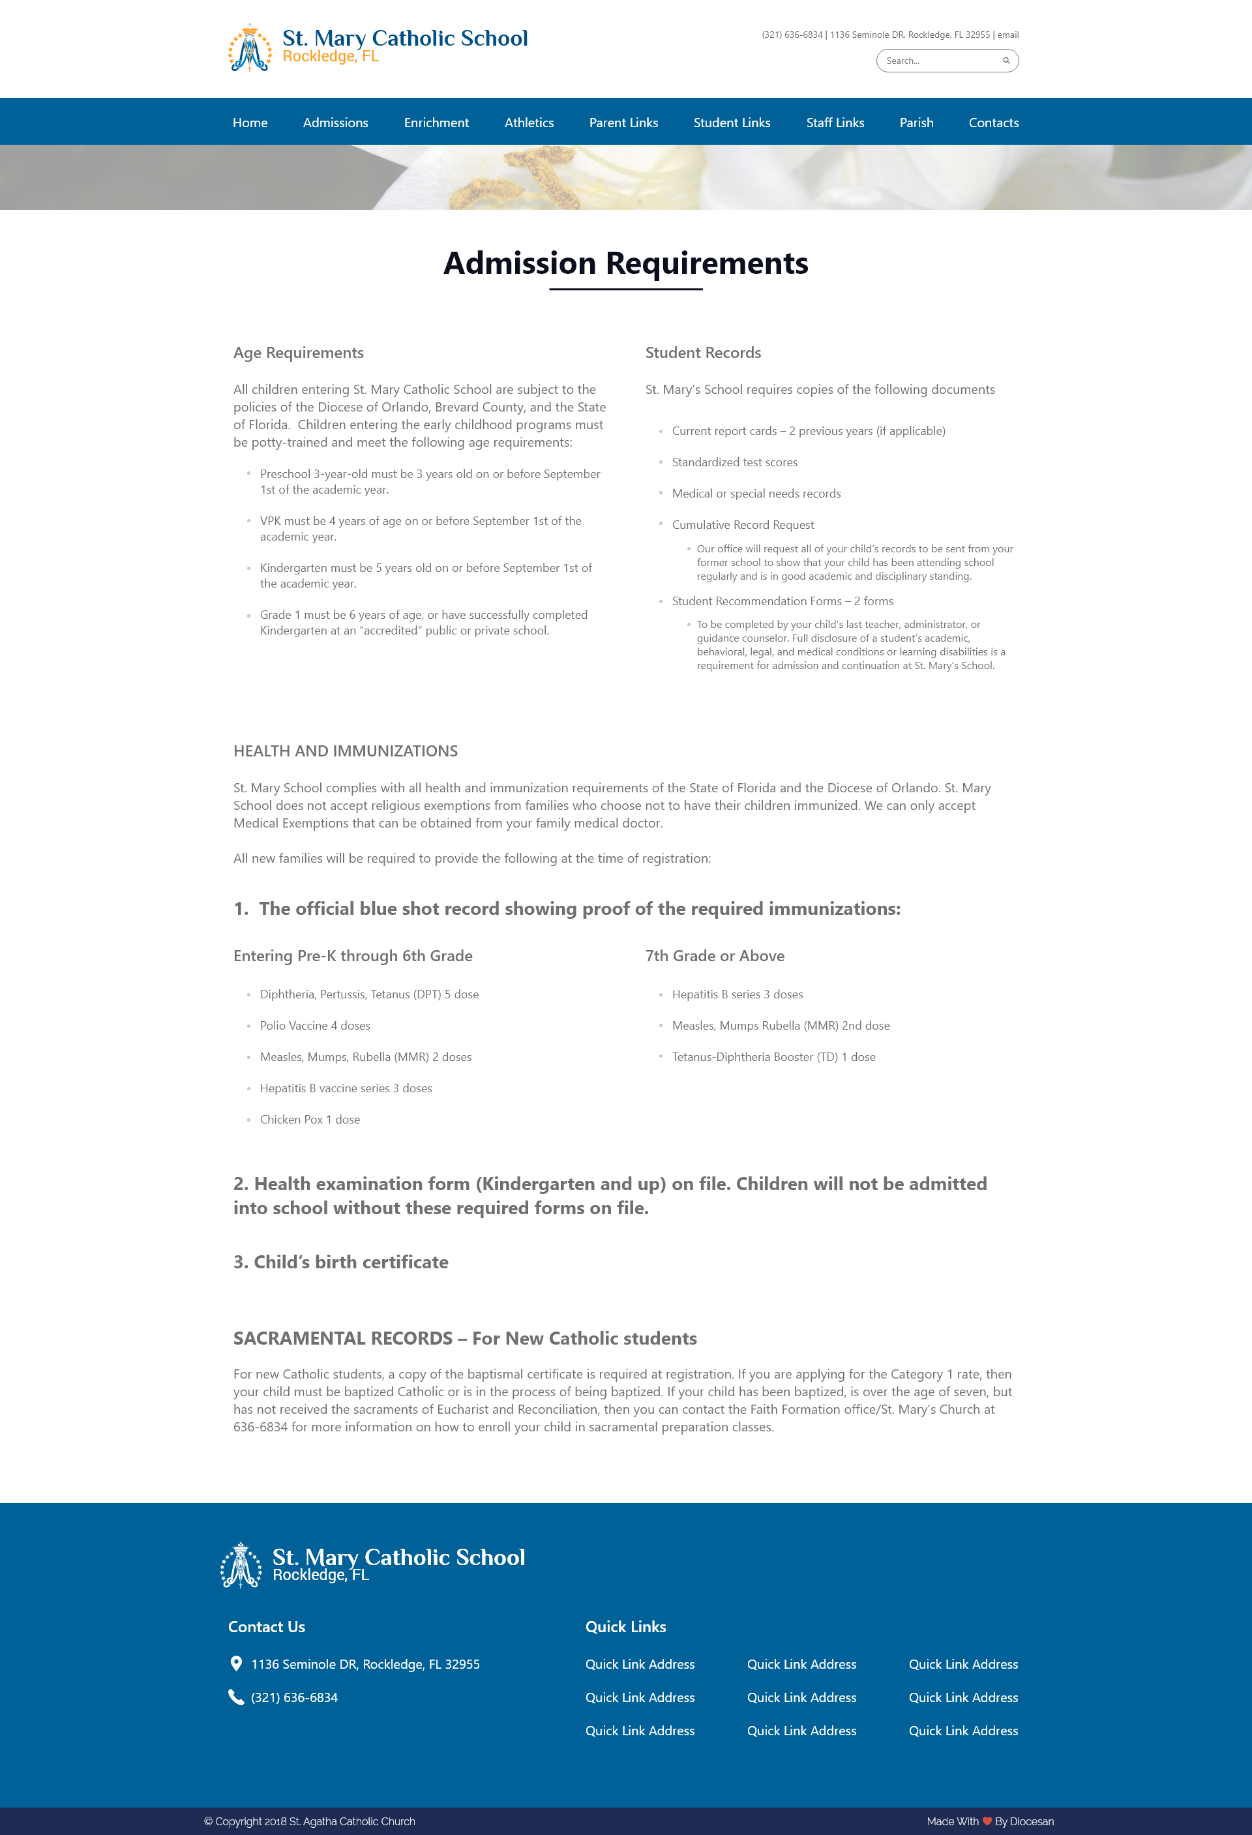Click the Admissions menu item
pyautogui.click(x=336, y=123)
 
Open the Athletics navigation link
pyautogui.click(x=529, y=123)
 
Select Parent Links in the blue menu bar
pyautogui.click(x=623, y=123)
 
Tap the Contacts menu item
pyautogui.click(x=993, y=123)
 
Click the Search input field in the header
pyautogui.click(x=940, y=61)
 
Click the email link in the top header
pyautogui.click(x=1008, y=35)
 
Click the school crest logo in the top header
pyautogui.click(x=250, y=48)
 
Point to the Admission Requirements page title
pyautogui.click(x=625, y=263)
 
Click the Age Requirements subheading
pyautogui.click(x=299, y=353)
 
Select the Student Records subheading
pyautogui.click(x=702, y=353)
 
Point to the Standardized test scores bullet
pyautogui.click(x=734, y=462)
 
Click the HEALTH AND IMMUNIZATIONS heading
pyautogui.click(x=345, y=751)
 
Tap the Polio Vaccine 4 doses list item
pyautogui.click(x=315, y=1026)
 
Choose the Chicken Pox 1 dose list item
pyautogui.click(x=310, y=1120)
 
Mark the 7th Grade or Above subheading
pyautogui.click(x=715, y=955)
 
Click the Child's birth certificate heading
pyautogui.click(x=341, y=1262)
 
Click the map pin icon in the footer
pyautogui.click(x=236, y=1663)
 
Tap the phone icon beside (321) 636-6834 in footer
pyautogui.click(x=236, y=1697)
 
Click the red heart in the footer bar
pyautogui.click(x=987, y=1821)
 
